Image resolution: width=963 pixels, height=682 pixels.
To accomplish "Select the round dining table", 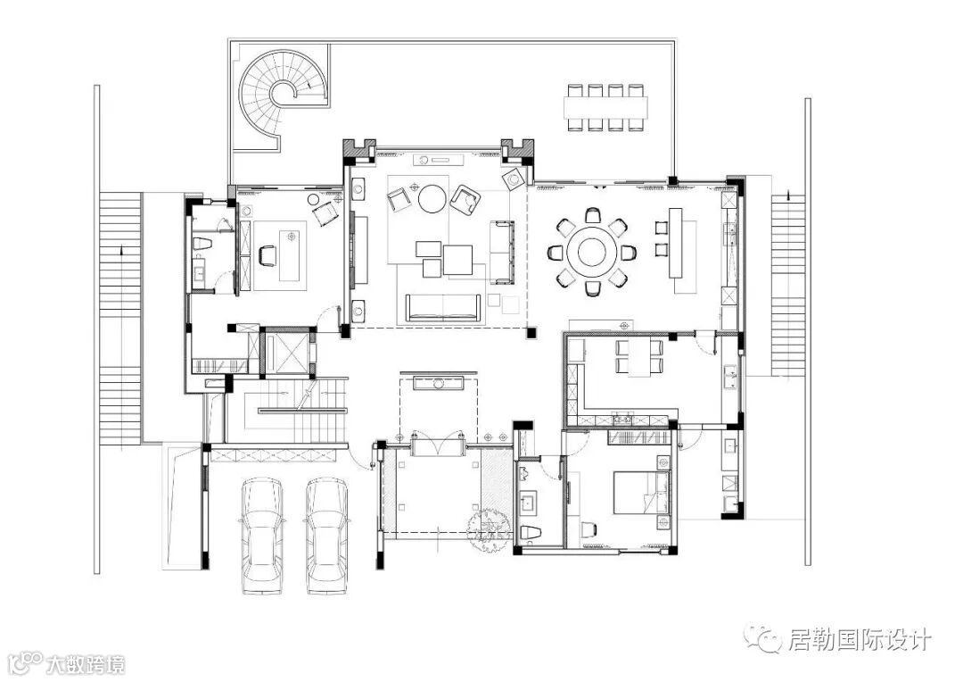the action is [592, 252].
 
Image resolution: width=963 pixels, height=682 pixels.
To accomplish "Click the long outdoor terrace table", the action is [605, 108].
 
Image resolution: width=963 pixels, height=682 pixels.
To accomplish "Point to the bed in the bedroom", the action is [642, 493].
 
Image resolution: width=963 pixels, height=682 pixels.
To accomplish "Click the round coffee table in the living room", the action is [434, 199].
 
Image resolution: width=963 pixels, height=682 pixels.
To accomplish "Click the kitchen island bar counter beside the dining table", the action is [676, 243].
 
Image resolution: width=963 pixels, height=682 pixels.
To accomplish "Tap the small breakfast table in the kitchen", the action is [639, 357].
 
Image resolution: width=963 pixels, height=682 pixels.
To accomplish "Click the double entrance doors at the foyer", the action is [437, 444].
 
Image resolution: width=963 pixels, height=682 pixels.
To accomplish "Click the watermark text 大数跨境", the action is [86, 665].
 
